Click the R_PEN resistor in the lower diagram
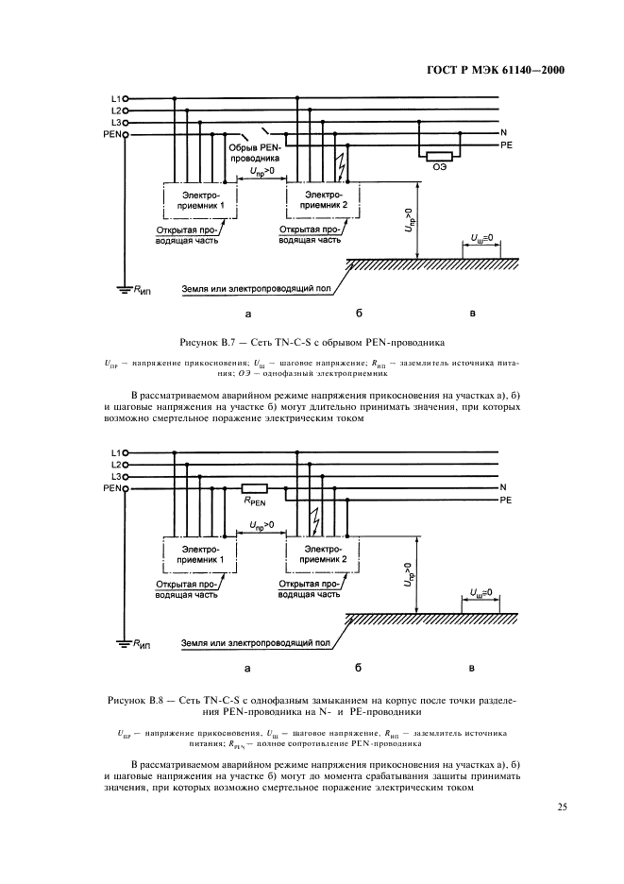(x=255, y=489)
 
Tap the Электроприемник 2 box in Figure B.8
(x=322, y=554)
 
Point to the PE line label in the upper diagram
(x=505, y=146)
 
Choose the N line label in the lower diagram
(x=503, y=487)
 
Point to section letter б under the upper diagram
(x=359, y=311)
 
